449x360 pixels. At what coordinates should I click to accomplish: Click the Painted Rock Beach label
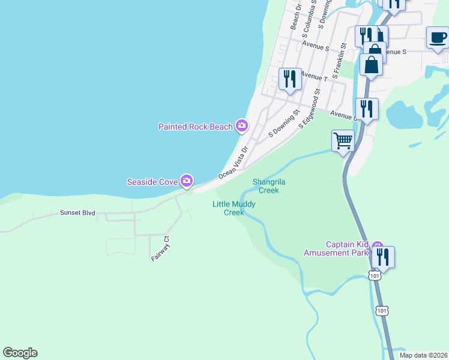coord(196,127)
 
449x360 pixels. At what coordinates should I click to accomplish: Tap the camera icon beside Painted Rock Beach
coord(241,125)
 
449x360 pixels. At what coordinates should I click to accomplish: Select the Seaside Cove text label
coord(152,181)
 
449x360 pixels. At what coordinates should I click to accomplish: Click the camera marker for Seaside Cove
coord(187,180)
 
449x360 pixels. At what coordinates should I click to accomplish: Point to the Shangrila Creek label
coord(265,186)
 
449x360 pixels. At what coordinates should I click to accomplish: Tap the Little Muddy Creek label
coord(234,208)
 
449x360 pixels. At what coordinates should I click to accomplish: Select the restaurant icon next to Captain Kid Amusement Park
coord(382,257)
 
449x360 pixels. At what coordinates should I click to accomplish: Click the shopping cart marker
coord(343,141)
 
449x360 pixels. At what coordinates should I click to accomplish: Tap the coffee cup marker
coord(438,38)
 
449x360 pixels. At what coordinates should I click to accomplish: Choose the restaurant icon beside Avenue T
coord(290,79)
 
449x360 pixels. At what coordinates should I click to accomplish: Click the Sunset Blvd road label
coord(77,213)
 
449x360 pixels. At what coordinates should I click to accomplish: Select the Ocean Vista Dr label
coord(234,163)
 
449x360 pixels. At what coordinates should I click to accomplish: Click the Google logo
coord(20,353)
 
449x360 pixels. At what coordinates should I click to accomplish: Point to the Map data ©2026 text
coord(423,355)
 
